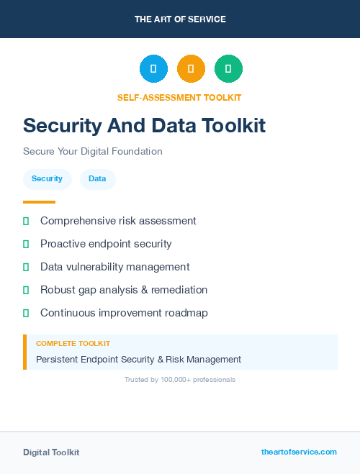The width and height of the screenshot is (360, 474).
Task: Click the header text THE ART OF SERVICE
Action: (180, 19)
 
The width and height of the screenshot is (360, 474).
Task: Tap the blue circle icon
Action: (153, 69)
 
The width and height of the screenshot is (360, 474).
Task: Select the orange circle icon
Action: (191, 69)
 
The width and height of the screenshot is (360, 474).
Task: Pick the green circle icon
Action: (228, 69)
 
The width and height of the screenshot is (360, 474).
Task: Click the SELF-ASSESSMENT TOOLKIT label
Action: (180, 97)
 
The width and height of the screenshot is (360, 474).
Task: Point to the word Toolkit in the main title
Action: (230, 126)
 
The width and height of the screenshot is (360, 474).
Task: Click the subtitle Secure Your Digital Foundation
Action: (93, 152)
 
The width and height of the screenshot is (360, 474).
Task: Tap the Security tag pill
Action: (47, 179)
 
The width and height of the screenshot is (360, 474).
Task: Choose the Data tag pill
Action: (97, 179)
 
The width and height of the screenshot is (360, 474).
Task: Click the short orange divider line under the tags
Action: (39, 202)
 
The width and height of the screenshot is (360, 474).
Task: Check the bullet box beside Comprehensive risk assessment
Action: (26, 222)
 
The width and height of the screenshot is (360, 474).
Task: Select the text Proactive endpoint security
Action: (106, 244)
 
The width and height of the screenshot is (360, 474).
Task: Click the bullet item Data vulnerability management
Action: (114, 267)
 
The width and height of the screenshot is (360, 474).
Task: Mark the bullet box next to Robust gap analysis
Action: (26, 290)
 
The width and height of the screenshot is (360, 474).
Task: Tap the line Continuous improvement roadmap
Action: (124, 313)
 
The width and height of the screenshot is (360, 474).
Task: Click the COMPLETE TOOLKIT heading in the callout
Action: (73, 344)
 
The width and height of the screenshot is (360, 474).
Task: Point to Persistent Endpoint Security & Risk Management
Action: (138, 359)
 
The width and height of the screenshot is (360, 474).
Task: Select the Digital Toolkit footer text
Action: (51, 452)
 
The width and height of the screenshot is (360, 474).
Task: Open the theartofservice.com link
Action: (299, 452)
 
